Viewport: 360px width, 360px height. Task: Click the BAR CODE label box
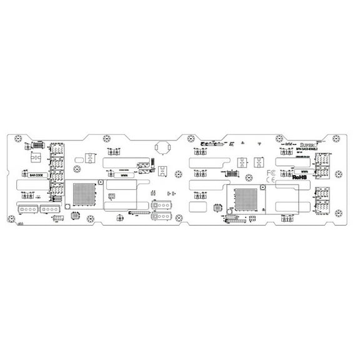click(x=36, y=176)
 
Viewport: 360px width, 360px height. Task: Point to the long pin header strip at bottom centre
click(x=139, y=213)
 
